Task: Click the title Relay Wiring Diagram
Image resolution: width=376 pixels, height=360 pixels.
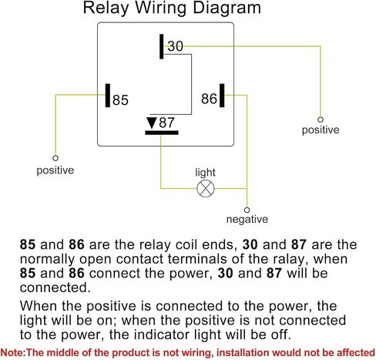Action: click(x=172, y=8)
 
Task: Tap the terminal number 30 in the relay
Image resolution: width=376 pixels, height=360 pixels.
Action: click(x=176, y=46)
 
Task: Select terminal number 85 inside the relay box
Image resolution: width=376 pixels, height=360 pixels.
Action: click(x=120, y=100)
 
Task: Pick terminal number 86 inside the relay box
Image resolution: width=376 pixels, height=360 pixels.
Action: click(x=209, y=99)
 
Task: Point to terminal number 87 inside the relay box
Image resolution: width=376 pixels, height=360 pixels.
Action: click(x=166, y=123)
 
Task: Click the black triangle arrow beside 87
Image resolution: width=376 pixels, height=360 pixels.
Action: click(x=152, y=123)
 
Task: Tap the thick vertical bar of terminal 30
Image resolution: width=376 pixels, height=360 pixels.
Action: click(x=161, y=46)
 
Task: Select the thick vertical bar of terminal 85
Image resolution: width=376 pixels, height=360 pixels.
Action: click(x=108, y=96)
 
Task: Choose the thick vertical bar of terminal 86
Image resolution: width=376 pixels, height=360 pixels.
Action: click(x=222, y=96)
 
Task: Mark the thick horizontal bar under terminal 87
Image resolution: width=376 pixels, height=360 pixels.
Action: click(x=162, y=133)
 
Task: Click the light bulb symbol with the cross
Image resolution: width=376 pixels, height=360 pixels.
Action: click(x=206, y=188)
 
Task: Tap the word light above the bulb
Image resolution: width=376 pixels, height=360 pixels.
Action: click(x=205, y=173)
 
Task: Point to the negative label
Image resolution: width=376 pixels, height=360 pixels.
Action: click(x=247, y=219)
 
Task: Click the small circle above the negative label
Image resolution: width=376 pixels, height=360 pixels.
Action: click(x=247, y=210)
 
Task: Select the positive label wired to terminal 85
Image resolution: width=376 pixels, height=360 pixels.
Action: click(x=55, y=170)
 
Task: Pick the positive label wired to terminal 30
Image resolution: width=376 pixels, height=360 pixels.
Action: click(x=321, y=130)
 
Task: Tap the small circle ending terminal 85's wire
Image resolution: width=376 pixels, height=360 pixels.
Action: click(x=55, y=158)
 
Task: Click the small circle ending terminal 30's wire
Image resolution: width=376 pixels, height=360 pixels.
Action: click(x=321, y=119)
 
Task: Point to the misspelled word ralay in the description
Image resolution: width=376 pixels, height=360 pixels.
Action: click(x=289, y=259)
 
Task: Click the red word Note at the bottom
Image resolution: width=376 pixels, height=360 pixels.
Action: click(x=12, y=352)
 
